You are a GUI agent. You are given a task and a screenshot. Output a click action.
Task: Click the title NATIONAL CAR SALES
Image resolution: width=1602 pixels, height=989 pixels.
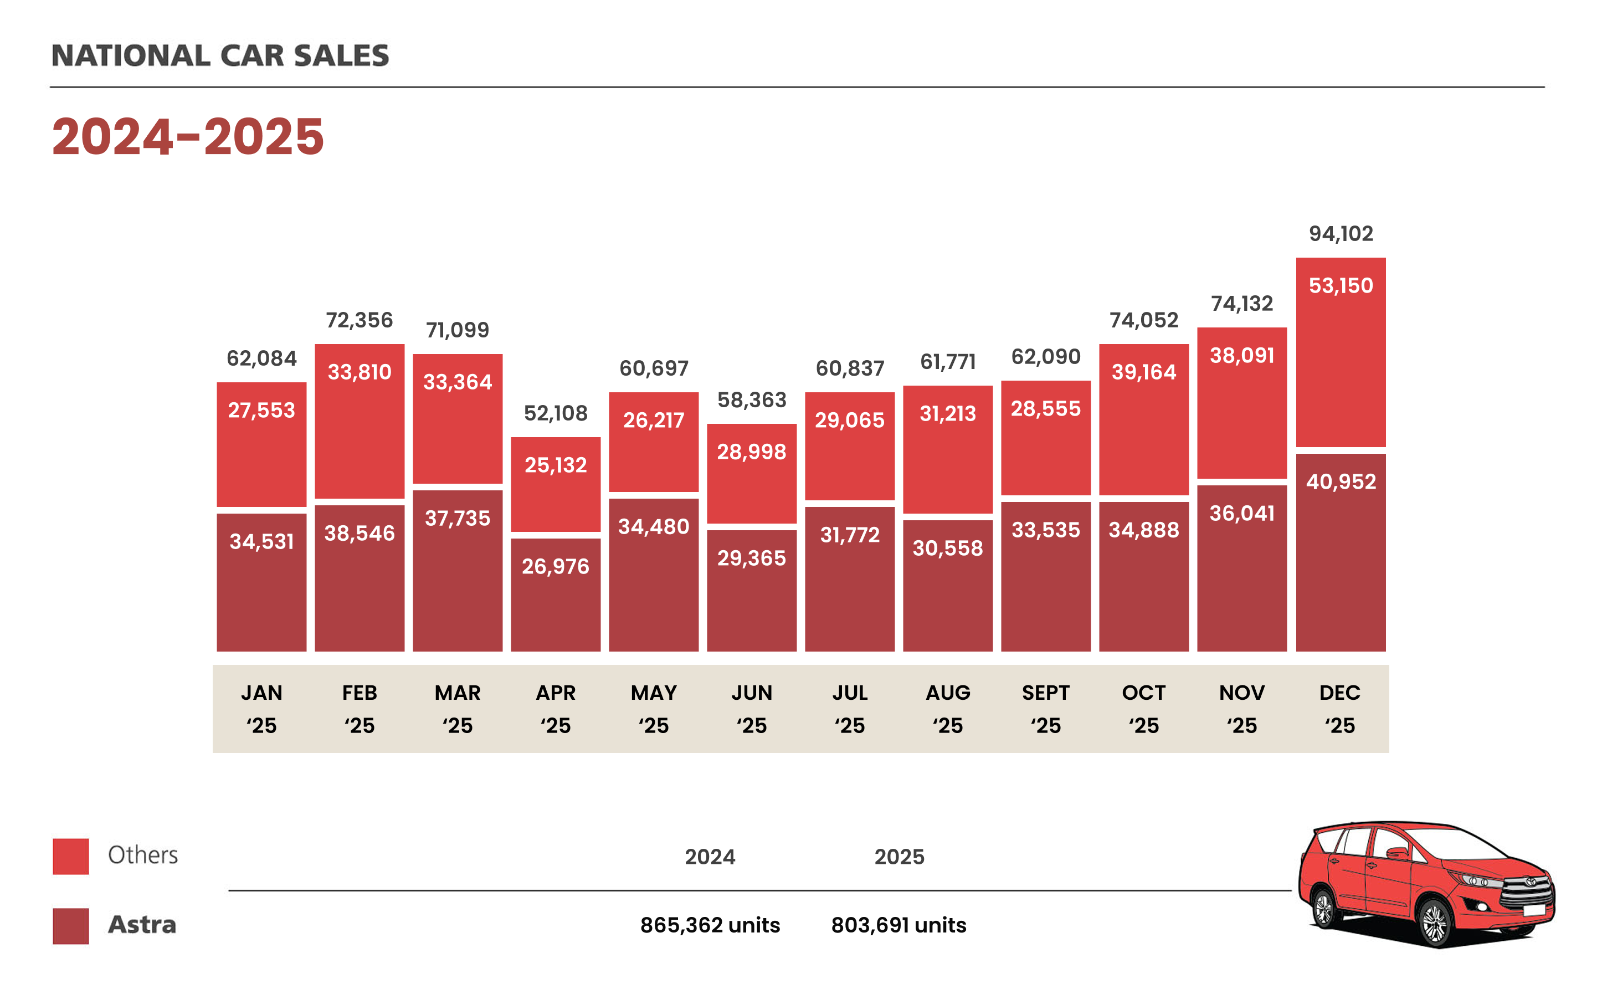[x=220, y=55]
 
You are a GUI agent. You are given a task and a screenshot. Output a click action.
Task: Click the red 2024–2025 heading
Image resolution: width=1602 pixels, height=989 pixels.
[x=188, y=137]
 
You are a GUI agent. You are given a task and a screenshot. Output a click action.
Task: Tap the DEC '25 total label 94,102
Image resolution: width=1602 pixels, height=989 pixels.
[x=1341, y=233]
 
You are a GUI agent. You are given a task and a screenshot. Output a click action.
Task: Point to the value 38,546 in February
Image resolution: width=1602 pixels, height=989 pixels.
[x=359, y=533]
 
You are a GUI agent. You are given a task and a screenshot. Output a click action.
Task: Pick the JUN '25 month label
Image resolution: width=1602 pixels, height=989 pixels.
[x=751, y=709]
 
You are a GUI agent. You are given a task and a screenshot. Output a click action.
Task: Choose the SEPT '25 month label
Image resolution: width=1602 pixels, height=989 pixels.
[x=1045, y=709]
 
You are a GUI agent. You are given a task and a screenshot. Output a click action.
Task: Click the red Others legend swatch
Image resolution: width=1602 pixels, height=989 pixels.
[x=70, y=855]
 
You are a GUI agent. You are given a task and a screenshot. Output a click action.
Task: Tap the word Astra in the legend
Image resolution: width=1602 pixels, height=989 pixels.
[x=142, y=924]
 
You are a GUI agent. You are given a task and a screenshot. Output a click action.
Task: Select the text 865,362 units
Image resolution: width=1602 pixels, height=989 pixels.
[x=710, y=925]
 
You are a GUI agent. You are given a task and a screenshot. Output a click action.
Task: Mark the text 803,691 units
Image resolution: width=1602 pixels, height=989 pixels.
[x=898, y=925]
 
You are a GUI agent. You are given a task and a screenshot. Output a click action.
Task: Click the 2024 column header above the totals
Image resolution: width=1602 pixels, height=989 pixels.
[x=710, y=857]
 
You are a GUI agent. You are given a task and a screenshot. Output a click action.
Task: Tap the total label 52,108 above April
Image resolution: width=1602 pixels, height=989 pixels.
[x=555, y=413]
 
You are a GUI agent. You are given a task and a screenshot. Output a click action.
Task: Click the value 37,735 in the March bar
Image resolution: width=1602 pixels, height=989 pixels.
[x=457, y=518]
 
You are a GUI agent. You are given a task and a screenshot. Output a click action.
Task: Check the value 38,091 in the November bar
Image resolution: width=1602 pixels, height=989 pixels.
[x=1242, y=355]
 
